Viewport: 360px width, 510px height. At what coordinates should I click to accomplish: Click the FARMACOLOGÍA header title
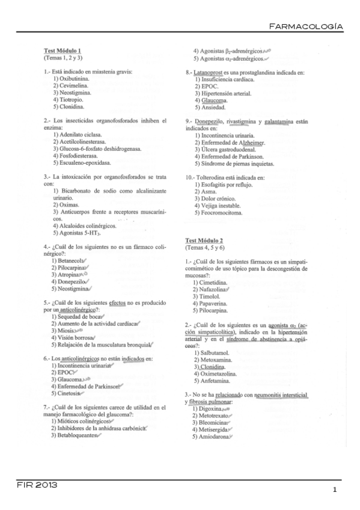click(306, 26)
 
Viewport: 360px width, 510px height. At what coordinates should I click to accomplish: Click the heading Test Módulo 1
click(63, 51)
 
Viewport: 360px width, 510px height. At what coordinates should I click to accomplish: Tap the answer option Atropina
click(68, 274)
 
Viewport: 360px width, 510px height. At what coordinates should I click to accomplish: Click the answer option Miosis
click(64, 330)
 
